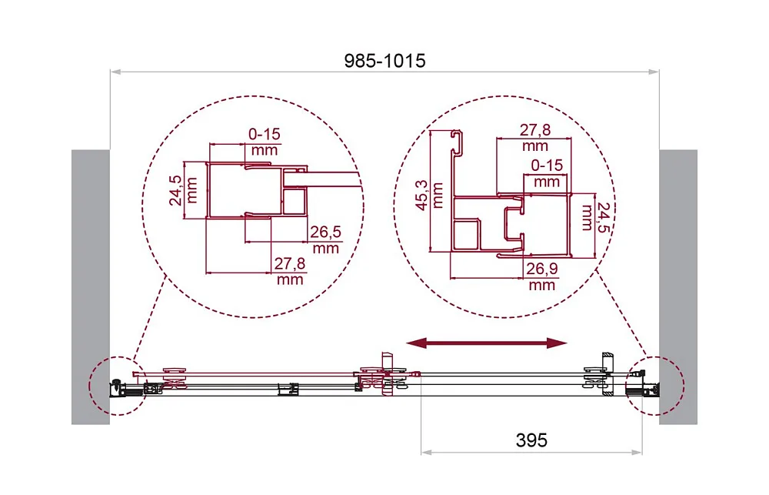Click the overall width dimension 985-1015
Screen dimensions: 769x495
pyautogui.click(x=384, y=60)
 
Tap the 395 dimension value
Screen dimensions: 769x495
pyautogui.click(x=531, y=440)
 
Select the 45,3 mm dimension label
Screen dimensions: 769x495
pyautogui.click(x=429, y=196)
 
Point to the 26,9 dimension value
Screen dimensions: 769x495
pyautogui.click(x=542, y=268)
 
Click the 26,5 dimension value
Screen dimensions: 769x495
pyautogui.click(x=325, y=232)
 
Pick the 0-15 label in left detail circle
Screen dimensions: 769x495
pyautogui.click(x=265, y=134)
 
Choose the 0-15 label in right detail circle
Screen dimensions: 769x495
pyautogui.click(x=547, y=165)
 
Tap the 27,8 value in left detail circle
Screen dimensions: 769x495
pyautogui.click(x=290, y=264)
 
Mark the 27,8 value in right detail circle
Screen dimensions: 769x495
pyautogui.click(x=535, y=129)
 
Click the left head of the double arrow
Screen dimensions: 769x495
pyautogui.click(x=416, y=343)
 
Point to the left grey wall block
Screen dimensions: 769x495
pyautogui.click(x=91, y=287)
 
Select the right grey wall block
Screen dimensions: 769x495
pyautogui.click(x=678, y=287)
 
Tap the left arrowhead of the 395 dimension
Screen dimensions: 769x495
pyautogui.click(x=426, y=452)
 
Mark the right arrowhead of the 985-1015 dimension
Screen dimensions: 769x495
pyautogui.click(x=654, y=72)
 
